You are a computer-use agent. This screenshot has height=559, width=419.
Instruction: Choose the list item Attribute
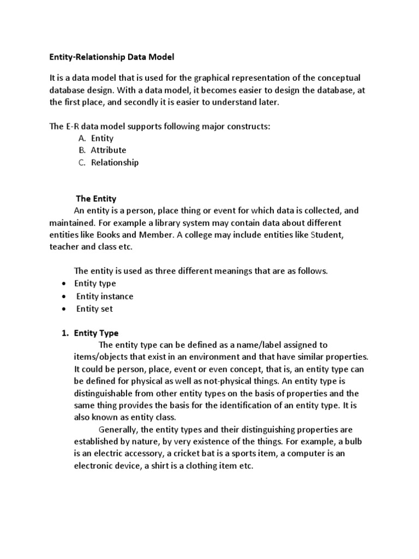[x=108, y=150]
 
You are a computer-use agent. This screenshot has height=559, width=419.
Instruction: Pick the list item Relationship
[x=115, y=162]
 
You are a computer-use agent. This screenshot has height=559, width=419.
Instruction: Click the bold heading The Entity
[x=95, y=198]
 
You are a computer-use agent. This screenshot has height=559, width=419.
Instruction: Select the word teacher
[x=64, y=247]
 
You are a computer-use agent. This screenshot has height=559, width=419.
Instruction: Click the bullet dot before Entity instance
[x=64, y=296]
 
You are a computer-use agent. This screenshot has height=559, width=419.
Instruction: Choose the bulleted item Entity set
[x=94, y=308]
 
